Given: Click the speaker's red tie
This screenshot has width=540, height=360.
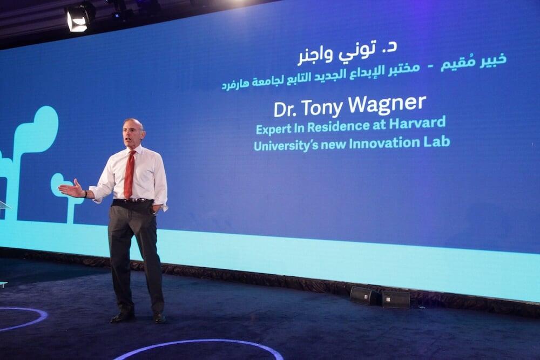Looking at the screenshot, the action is pyautogui.click(x=130, y=174).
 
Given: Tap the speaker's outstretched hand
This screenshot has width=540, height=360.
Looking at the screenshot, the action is pyautogui.click(x=71, y=189).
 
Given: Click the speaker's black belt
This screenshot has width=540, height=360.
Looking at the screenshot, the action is pyautogui.click(x=133, y=200).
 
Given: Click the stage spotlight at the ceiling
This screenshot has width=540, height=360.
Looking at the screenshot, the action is pyautogui.click(x=78, y=18).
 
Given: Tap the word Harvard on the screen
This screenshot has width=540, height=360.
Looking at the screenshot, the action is pyautogui.click(x=417, y=123).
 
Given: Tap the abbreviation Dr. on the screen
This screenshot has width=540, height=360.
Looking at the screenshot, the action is pyautogui.click(x=287, y=109).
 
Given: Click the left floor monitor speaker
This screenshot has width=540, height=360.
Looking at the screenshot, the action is pyautogui.click(x=365, y=296).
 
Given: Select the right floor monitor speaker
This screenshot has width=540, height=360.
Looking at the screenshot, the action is pyautogui.click(x=396, y=299).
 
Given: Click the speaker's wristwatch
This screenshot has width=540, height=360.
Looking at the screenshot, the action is pyautogui.click(x=85, y=194).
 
